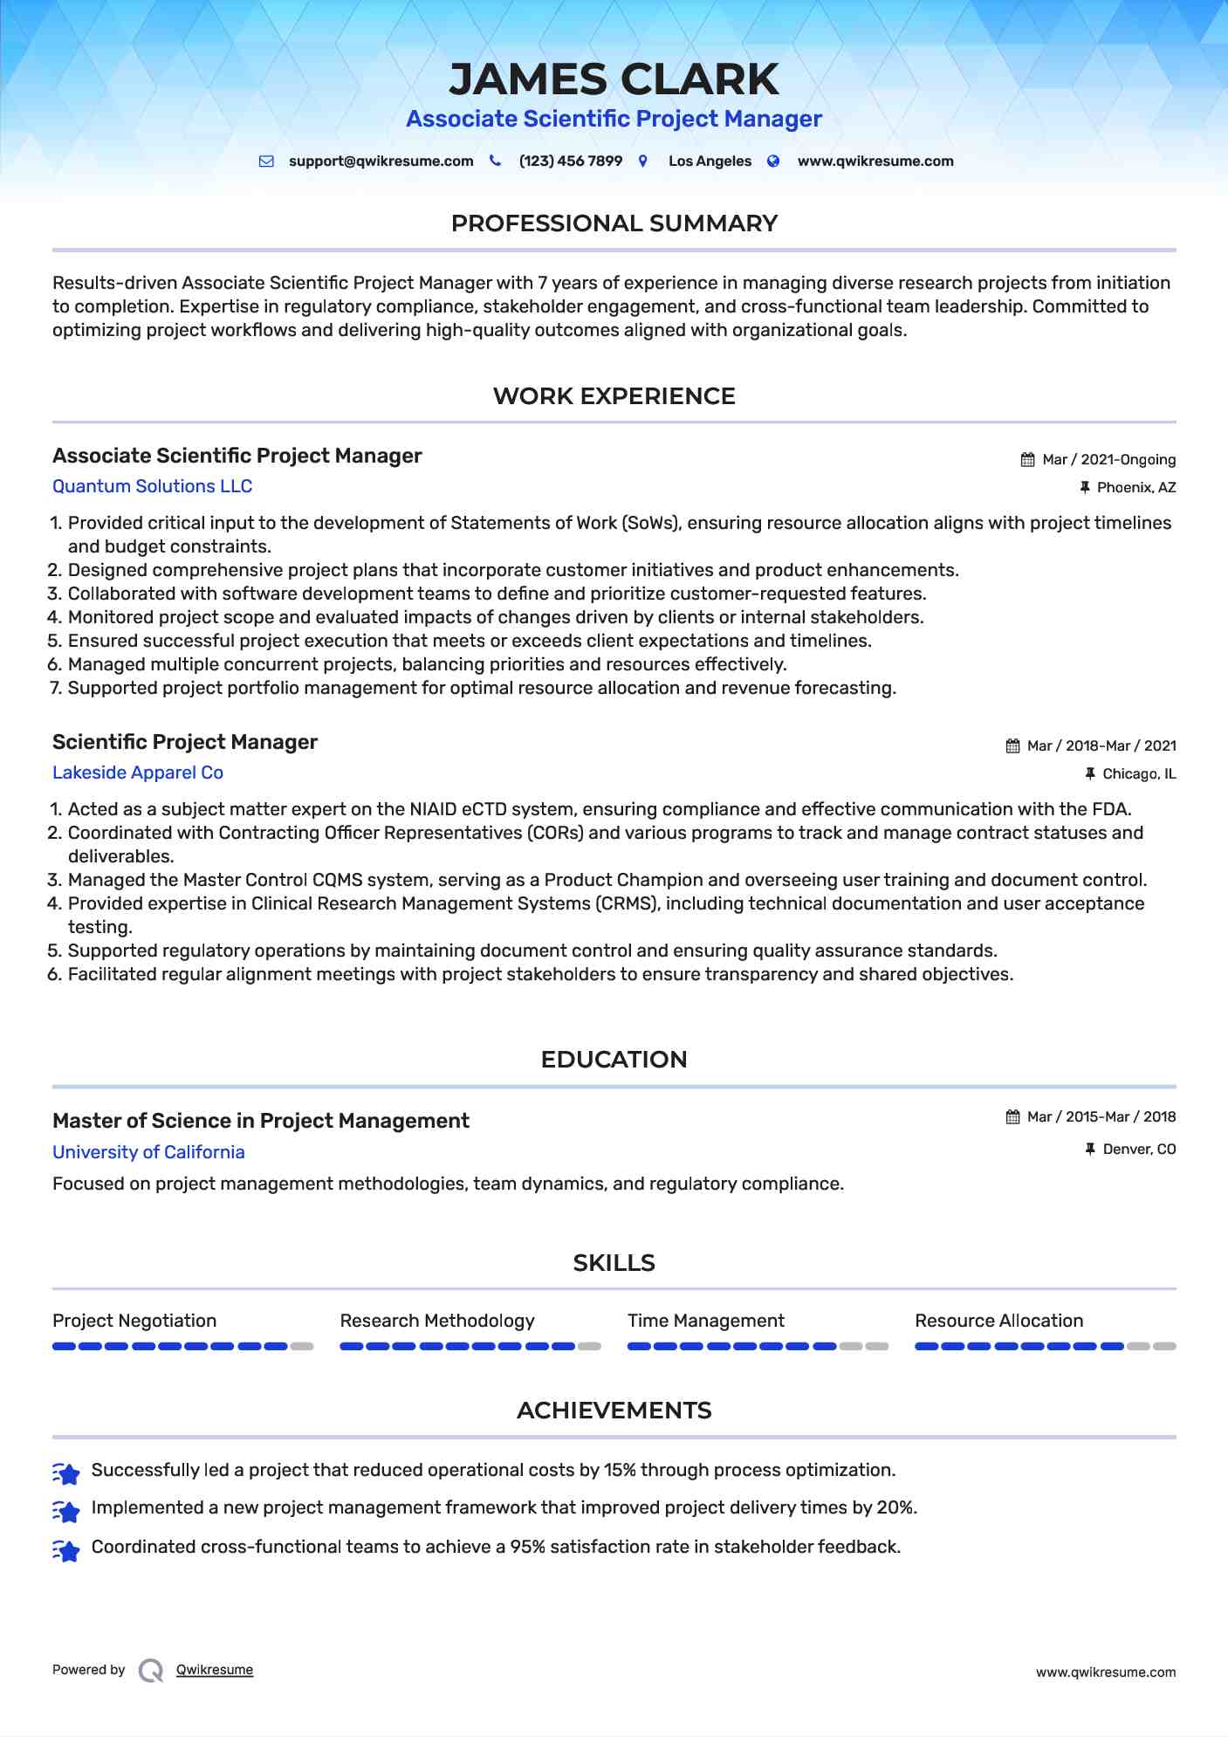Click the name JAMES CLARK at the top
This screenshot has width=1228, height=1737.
point(614,79)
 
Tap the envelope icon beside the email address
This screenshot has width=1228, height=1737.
point(266,161)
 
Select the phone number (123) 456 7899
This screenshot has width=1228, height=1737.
point(570,161)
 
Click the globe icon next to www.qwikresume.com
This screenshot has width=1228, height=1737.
point(773,161)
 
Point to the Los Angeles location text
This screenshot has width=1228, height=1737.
point(709,161)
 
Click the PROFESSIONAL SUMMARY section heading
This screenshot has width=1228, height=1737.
point(614,223)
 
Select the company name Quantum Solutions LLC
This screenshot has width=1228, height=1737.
point(152,486)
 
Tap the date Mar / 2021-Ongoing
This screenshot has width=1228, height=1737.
point(1108,460)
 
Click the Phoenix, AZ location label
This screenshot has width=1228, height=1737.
point(1135,488)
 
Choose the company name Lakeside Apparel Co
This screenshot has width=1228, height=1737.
point(138,772)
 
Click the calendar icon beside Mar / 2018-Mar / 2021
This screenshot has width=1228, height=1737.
point(1012,746)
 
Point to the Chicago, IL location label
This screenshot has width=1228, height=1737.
point(1138,774)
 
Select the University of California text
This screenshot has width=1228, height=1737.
point(148,1152)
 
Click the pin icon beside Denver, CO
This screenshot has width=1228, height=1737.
point(1089,1150)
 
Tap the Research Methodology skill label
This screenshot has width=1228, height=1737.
point(436,1321)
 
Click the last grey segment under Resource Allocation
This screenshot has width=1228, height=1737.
point(1164,1347)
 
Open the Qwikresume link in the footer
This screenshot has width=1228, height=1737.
point(215,1670)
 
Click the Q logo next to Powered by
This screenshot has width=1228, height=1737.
point(151,1671)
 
